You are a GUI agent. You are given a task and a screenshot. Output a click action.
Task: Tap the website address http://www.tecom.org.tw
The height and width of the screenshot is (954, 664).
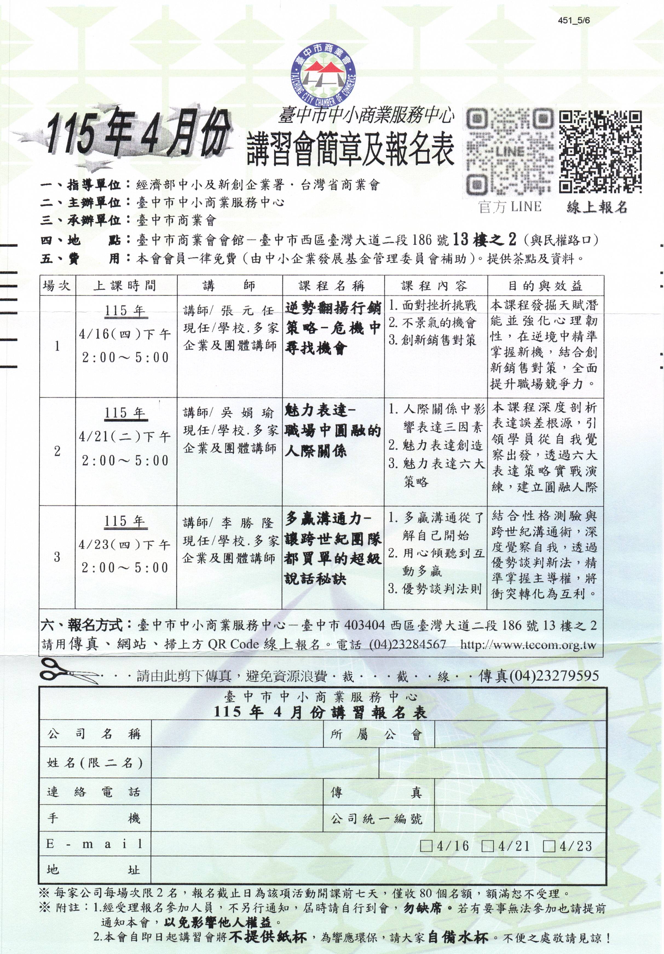[528, 645]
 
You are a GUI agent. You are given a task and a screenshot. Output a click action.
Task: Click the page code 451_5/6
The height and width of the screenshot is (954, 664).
[574, 21]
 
